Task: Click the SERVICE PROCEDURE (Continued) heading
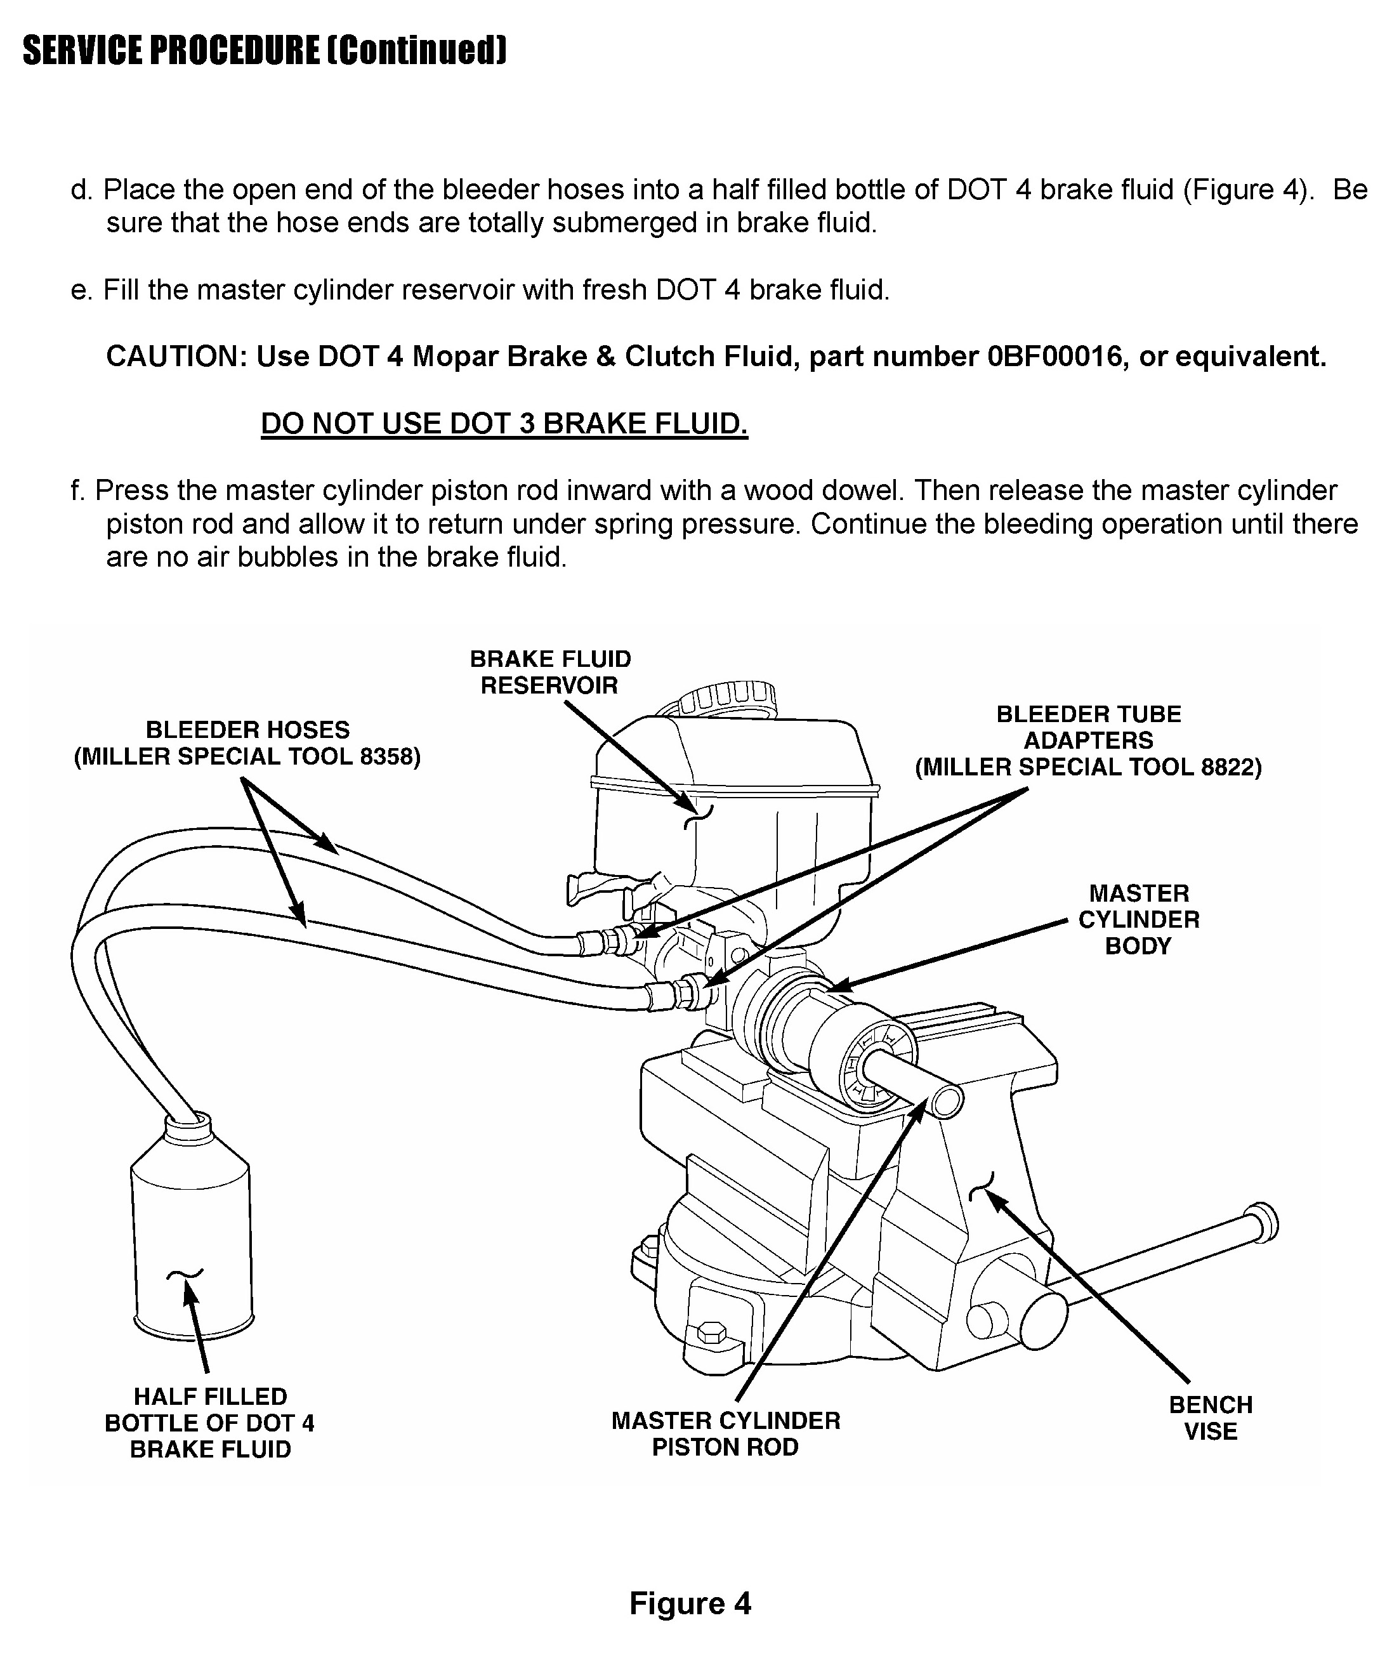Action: coord(264,51)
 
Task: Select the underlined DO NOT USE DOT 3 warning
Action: coord(504,424)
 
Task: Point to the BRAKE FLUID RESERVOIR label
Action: coord(551,672)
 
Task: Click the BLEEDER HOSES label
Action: coord(247,742)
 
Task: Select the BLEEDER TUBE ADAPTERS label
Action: coord(1088,740)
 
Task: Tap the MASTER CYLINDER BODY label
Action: coord(1138,919)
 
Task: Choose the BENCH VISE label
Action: coord(1211,1418)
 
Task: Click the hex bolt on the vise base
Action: coord(710,1333)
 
